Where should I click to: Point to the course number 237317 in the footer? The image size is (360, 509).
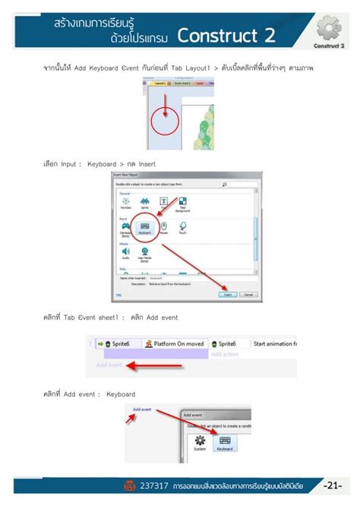pos(155,485)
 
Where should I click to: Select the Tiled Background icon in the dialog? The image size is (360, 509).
pos(182,203)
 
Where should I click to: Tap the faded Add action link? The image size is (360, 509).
pos(225,354)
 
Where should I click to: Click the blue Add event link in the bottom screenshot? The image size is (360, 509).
pos(142,409)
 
